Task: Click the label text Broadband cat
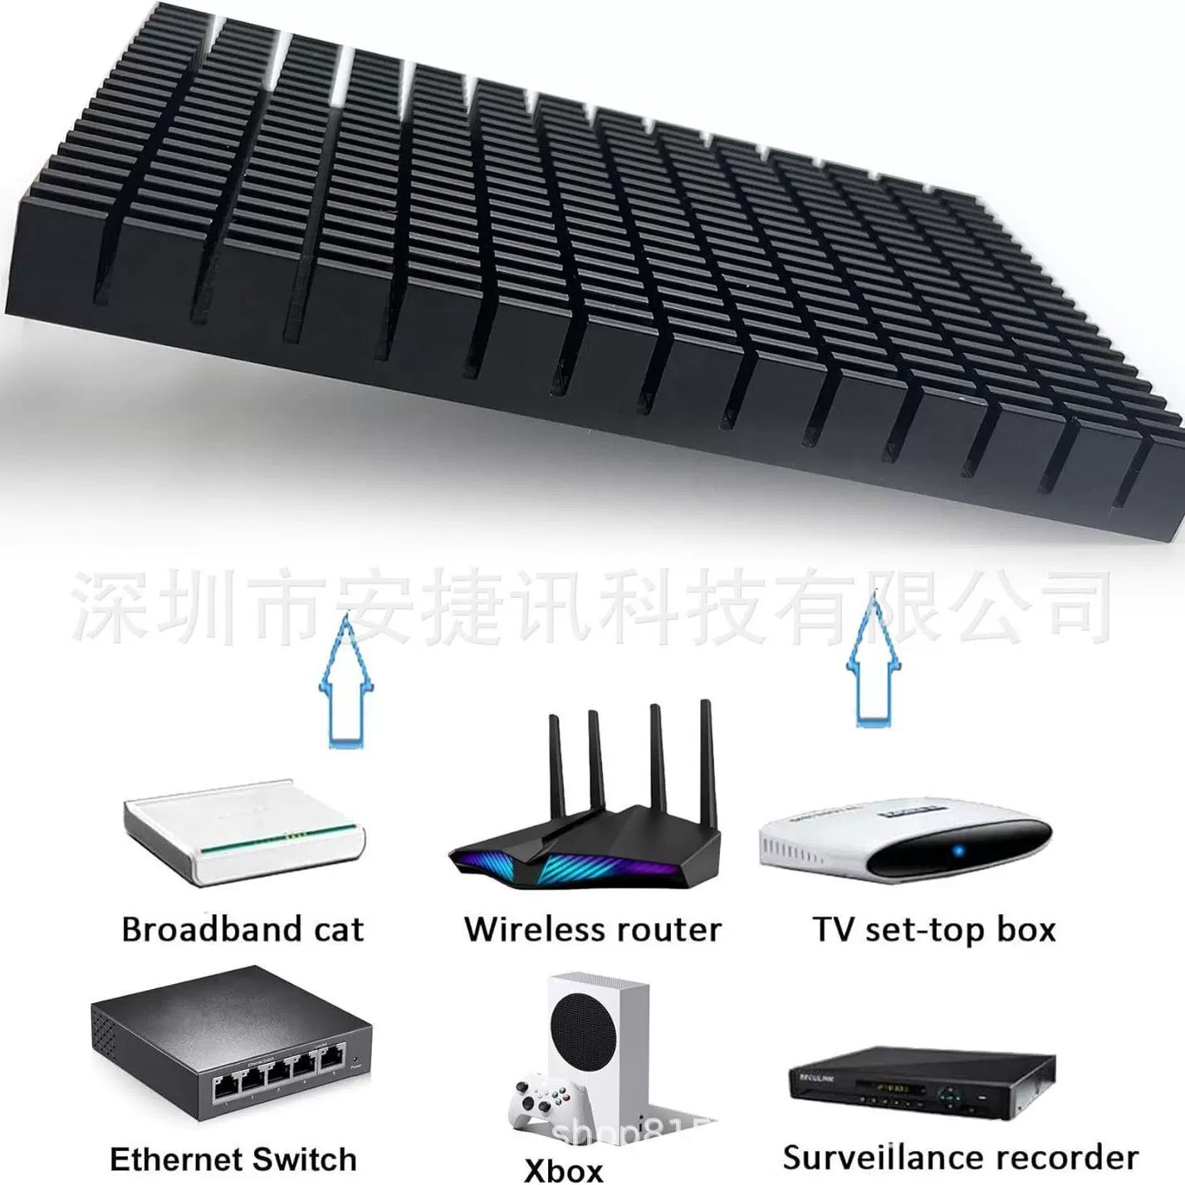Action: (242, 929)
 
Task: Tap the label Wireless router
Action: (593, 929)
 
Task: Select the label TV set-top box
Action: (933, 929)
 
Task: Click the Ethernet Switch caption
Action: (233, 1158)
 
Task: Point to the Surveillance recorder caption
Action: (960, 1157)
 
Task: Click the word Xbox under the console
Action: (564, 1169)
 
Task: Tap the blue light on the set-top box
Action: (957, 851)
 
